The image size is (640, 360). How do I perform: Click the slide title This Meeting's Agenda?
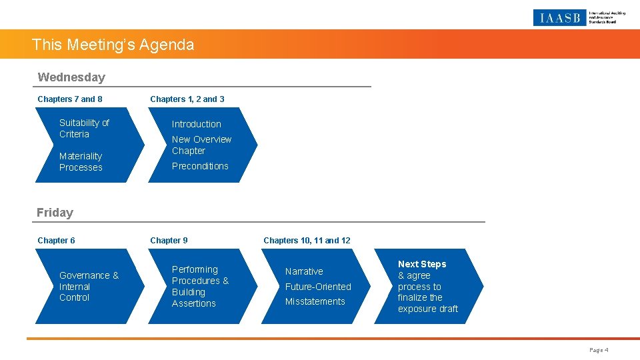click(113, 45)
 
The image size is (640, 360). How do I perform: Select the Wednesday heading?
click(71, 77)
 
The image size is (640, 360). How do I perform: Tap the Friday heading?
click(55, 213)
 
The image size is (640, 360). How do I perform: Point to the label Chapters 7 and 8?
click(70, 99)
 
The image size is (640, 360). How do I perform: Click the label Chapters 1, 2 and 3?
click(187, 99)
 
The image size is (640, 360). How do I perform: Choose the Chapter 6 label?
click(56, 241)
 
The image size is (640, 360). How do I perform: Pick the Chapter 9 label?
click(169, 241)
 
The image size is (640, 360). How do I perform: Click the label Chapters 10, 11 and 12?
click(307, 241)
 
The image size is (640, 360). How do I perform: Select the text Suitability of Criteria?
click(84, 128)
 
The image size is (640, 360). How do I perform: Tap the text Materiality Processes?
click(81, 162)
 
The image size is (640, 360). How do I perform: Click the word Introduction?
click(196, 124)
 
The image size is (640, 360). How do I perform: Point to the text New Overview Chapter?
click(201, 145)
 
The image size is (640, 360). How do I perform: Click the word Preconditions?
click(200, 166)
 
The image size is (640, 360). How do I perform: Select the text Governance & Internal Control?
click(89, 287)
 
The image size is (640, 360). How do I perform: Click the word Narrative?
click(304, 271)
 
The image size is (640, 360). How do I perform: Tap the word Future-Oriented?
click(318, 287)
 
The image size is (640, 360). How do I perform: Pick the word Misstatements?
click(315, 301)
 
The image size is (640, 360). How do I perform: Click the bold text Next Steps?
click(422, 264)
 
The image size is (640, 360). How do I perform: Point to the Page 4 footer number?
click(599, 350)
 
